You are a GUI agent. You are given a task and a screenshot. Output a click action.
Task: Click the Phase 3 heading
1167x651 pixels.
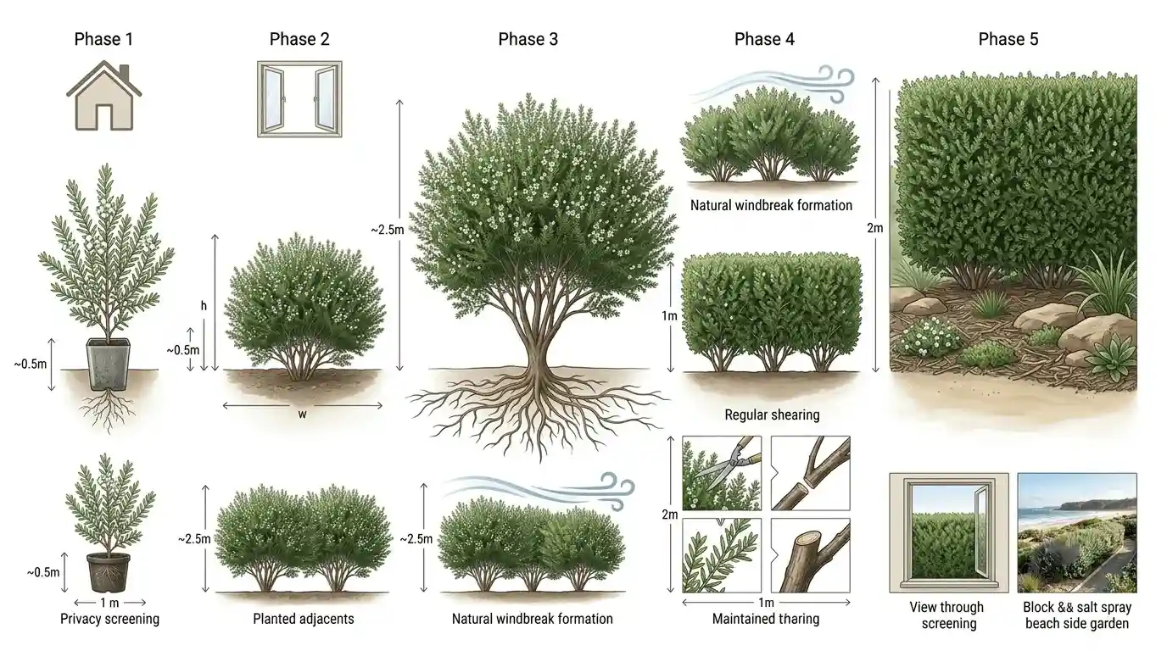pyautogui.click(x=528, y=39)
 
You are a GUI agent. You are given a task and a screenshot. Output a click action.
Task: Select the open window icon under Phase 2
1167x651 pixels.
pyautogui.click(x=299, y=99)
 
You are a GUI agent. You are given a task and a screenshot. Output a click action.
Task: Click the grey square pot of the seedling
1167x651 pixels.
pyautogui.click(x=109, y=364)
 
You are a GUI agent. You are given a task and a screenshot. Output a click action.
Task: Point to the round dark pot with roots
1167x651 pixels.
pyautogui.click(x=109, y=572)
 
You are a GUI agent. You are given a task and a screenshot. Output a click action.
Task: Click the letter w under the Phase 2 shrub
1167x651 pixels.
pyautogui.click(x=302, y=415)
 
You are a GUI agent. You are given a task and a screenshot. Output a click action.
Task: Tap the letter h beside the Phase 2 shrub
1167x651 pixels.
pyautogui.click(x=204, y=306)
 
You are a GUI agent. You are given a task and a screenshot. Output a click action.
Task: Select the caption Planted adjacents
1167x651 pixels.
pyautogui.click(x=304, y=619)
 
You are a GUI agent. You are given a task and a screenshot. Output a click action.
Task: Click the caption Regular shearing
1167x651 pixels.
pyautogui.click(x=772, y=415)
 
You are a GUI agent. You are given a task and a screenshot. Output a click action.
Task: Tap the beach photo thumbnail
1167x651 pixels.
pyautogui.click(x=1077, y=533)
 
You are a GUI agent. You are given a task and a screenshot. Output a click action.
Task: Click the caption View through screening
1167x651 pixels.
pyautogui.click(x=948, y=615)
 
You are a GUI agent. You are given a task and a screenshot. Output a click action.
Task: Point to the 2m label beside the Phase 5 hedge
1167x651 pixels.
pyautogui.click(x=874, y=228)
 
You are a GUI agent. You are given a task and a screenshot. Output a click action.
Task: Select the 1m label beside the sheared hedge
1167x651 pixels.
pyautogui.click(x=669, y=315)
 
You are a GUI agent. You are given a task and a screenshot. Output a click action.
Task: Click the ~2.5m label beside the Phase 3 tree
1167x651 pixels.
pyautogui.click(x=387, y=230)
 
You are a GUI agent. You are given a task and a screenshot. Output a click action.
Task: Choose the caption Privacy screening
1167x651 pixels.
pyautogui.click(x=109, y=619)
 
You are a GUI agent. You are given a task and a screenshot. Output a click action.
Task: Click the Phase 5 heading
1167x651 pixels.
pyautogui.click(x=1008, y=39)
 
